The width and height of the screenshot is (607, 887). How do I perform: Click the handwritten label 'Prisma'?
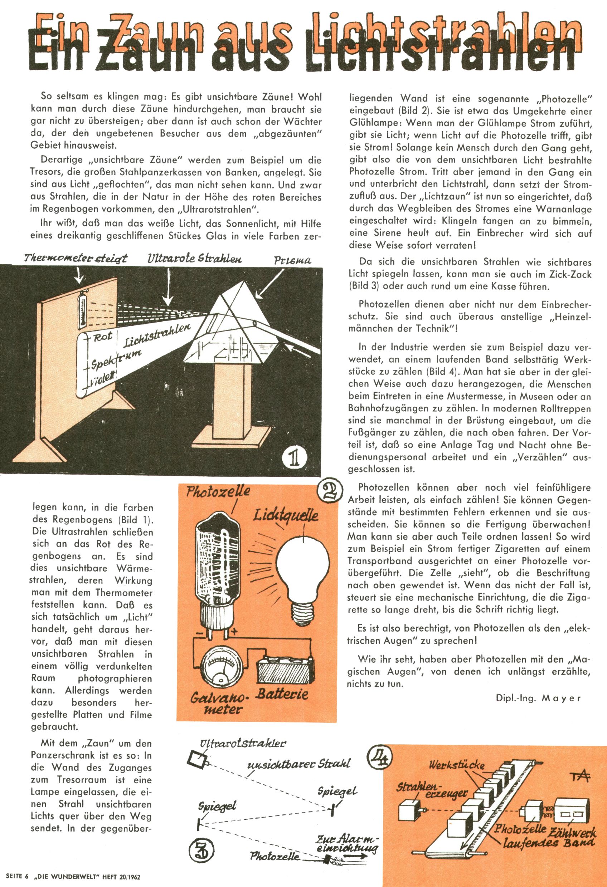coord(292,260)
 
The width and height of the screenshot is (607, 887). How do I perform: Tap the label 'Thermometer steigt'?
coord(75,258)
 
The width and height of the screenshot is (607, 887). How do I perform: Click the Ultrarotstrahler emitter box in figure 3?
coord(197,758)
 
